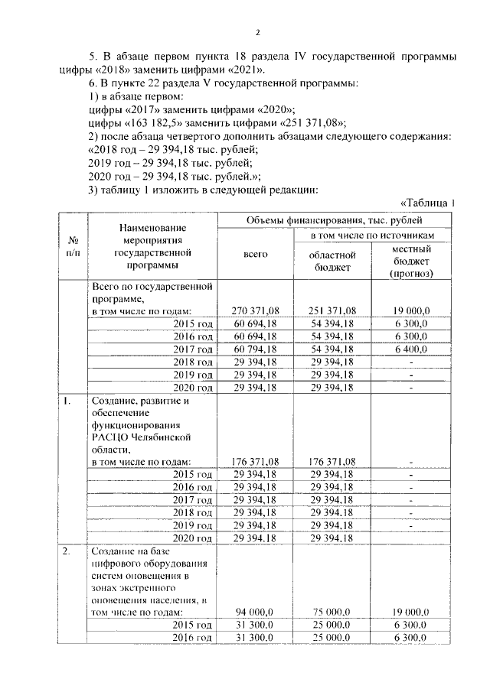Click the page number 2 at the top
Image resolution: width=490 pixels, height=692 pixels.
point(258,32)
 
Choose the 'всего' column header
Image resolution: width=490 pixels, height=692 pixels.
point(255,254)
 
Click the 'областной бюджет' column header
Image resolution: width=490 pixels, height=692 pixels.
point(332,260)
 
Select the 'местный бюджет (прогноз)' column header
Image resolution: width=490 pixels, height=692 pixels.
point(410,261)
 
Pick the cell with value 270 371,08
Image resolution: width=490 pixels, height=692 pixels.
point(255,310)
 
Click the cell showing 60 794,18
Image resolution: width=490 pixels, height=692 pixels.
point(255,349)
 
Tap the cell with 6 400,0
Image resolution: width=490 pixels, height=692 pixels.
point(410,349)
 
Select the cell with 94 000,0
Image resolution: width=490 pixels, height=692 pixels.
point(255,611)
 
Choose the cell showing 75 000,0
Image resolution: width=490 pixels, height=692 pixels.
point(332,611)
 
